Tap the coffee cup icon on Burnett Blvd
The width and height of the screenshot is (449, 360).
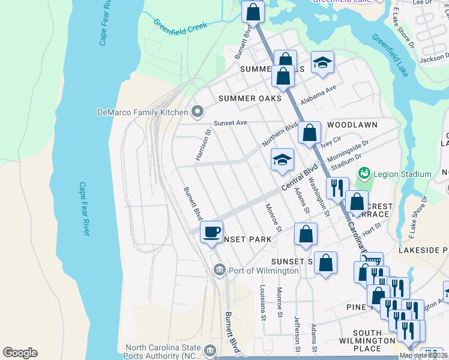[211, 232]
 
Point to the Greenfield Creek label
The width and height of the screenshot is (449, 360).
[180, 26]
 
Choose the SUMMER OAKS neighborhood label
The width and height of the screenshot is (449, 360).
[250, 98]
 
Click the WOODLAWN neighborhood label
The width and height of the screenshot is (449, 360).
[352, 125]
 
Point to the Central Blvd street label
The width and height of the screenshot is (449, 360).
[299, 179]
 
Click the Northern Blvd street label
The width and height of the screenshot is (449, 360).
[279, 136]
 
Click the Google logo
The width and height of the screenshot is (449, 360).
[20, 352]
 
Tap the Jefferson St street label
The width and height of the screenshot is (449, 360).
[297, 334]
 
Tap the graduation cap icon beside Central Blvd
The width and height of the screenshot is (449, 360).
[282, 160]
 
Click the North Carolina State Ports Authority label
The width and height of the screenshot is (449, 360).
[162, 350]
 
